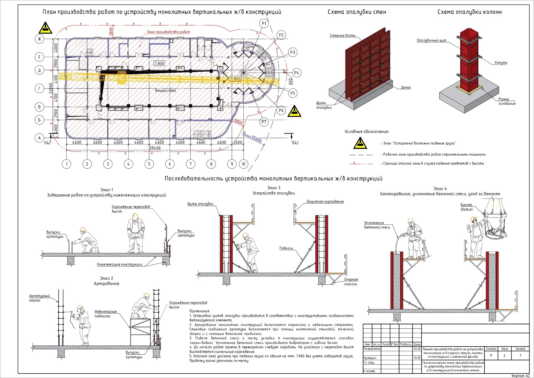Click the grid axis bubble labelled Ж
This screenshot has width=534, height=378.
click(x=39, y=39)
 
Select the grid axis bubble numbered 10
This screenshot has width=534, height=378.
click(x=243, y=164)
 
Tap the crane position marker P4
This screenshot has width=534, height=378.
click(x=297, y=73)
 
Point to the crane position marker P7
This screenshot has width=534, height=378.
click(x=264, y=122)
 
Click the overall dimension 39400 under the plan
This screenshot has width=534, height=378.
click(x=155, y=148)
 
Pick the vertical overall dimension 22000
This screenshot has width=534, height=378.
click(x=51, y=89)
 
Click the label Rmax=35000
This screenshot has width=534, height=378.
click(x=252, y=137)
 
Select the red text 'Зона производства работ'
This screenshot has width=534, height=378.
click(x=168, y=32)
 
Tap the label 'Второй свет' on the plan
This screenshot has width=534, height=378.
click(x=165, y=91)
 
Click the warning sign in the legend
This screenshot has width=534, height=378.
click(x=360, y=143)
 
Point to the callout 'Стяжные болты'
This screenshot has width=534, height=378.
click(x=342, y=36)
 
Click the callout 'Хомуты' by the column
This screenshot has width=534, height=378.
click(x=501, y=63)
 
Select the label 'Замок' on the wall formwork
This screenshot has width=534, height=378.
click(x=406, y=88)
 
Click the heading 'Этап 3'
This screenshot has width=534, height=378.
click(x=274, y=188)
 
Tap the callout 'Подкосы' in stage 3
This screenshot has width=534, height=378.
click(x=286, y=248)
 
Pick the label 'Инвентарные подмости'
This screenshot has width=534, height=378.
click(x=105, y=314)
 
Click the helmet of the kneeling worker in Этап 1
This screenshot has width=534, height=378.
click(x=83, y=230)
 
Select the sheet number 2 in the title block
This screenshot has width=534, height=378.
click(x=504, y=356)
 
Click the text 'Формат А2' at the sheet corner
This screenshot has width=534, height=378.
click(x=520, y=376)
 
